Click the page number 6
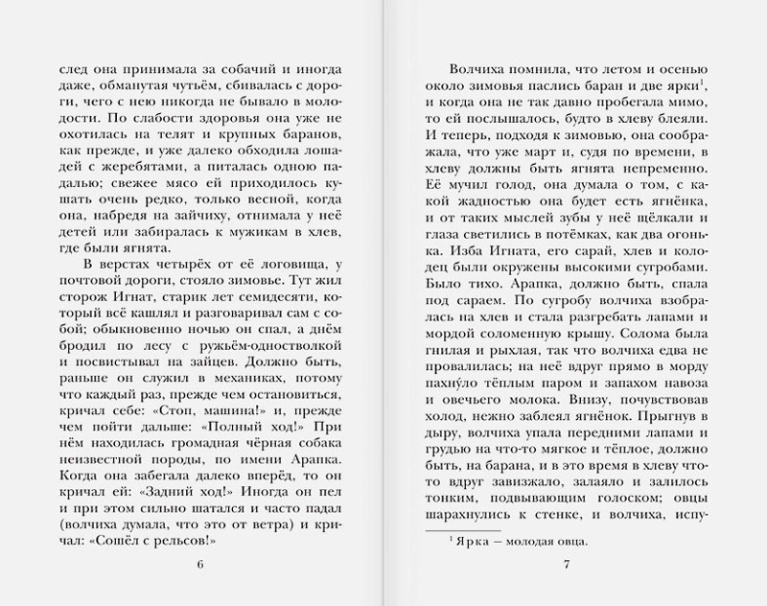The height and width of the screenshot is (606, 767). pos(199,561)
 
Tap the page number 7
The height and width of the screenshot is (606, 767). pos(568,561)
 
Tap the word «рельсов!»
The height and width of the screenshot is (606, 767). pos(184,531)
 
